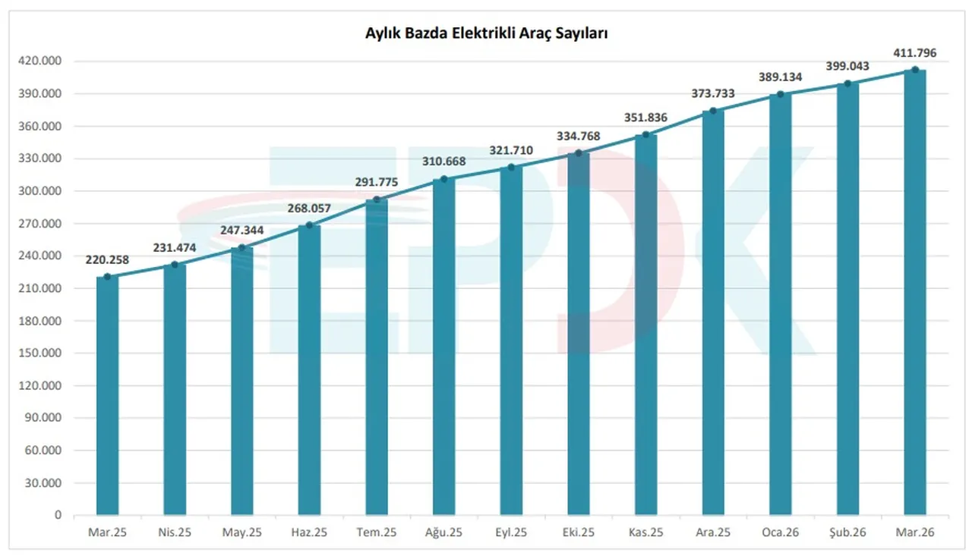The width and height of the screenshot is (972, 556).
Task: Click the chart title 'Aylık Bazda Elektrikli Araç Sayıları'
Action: [486, 33]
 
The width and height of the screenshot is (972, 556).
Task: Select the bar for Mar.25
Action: [107, 394]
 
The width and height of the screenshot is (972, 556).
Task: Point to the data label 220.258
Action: [107, 260]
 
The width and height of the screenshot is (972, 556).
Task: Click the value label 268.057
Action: [309, 209]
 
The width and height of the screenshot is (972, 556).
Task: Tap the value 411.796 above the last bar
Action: [915, 53]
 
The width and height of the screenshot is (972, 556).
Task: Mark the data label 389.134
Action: [781, 77]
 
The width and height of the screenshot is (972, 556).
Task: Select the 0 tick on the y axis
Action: [57, 515]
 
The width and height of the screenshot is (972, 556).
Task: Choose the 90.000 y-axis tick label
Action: [44, 418]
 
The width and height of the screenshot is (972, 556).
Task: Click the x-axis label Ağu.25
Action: [443, 533]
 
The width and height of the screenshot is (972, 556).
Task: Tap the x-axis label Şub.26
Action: [847, 533]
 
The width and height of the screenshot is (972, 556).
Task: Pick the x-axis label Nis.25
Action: [175, 533]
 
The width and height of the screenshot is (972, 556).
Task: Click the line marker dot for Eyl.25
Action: [511, 167]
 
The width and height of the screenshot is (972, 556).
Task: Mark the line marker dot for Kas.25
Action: [645, 135]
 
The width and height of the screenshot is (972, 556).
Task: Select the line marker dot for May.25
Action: [241, 247]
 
